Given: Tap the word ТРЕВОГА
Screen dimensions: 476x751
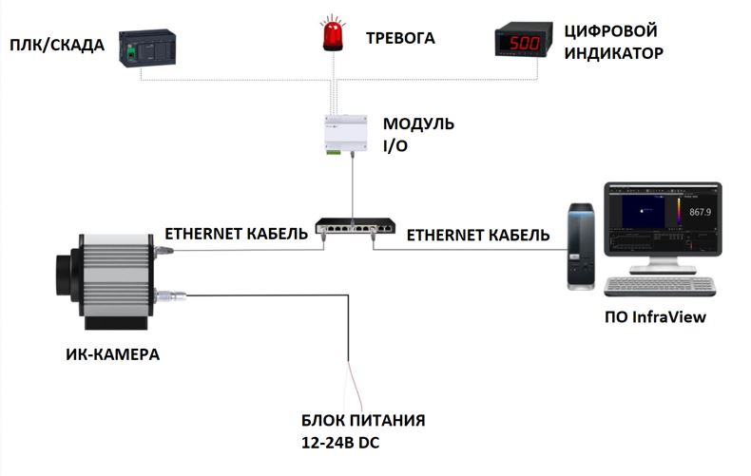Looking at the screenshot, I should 400,39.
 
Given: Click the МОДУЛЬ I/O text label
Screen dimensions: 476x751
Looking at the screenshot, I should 418,136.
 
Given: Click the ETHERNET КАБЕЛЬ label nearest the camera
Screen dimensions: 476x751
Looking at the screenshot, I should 237,233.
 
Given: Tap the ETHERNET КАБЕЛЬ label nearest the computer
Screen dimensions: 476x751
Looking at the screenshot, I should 478,234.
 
